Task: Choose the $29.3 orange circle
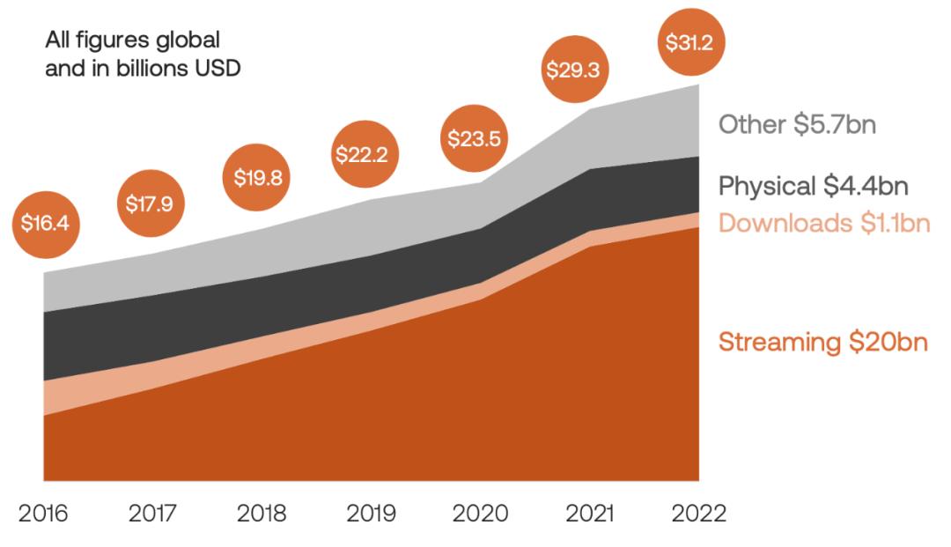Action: point(572,70)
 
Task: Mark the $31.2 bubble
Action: point(689,41)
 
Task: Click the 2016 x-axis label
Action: point(43,514)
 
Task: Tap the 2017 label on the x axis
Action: point(152,514)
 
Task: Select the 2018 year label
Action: point(262,514)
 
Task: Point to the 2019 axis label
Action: point(371,514)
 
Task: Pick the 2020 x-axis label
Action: point(480,514)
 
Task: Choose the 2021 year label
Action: point(588,514)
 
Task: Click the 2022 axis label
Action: point(697,514)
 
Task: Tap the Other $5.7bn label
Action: point(797,124)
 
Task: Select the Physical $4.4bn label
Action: point(813,186)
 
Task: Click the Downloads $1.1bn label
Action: point(823,223)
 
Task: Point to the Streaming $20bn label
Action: point(822,342)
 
